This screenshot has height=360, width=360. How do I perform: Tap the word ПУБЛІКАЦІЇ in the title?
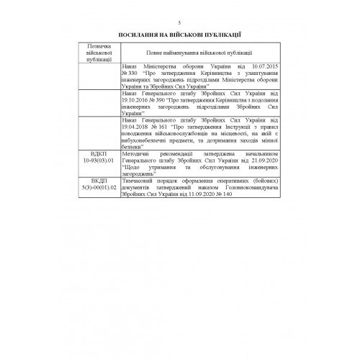(221, 34)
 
